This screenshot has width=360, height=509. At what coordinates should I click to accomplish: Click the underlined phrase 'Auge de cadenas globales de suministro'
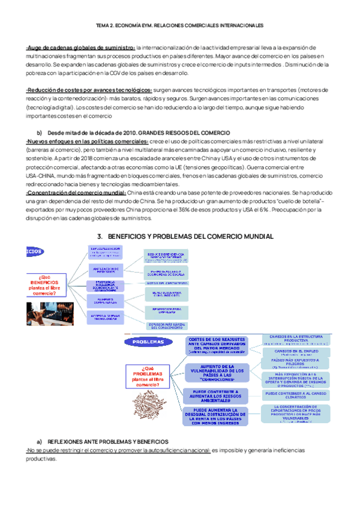[81, 47]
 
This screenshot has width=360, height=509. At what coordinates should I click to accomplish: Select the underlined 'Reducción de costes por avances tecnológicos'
[89, 90]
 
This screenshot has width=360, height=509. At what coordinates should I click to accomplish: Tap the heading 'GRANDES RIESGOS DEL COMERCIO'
[179, 132]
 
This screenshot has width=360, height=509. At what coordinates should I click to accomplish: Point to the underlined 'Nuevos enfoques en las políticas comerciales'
[87, 140]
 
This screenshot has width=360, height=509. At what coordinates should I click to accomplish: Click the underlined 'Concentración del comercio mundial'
[76, 193]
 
